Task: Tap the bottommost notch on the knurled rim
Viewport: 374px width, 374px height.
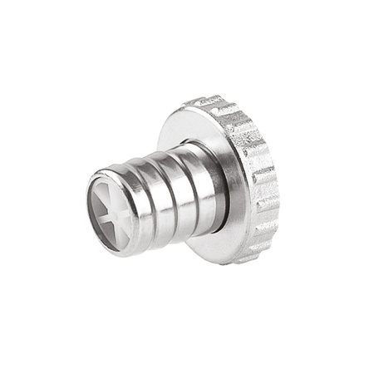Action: pos(246,258)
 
